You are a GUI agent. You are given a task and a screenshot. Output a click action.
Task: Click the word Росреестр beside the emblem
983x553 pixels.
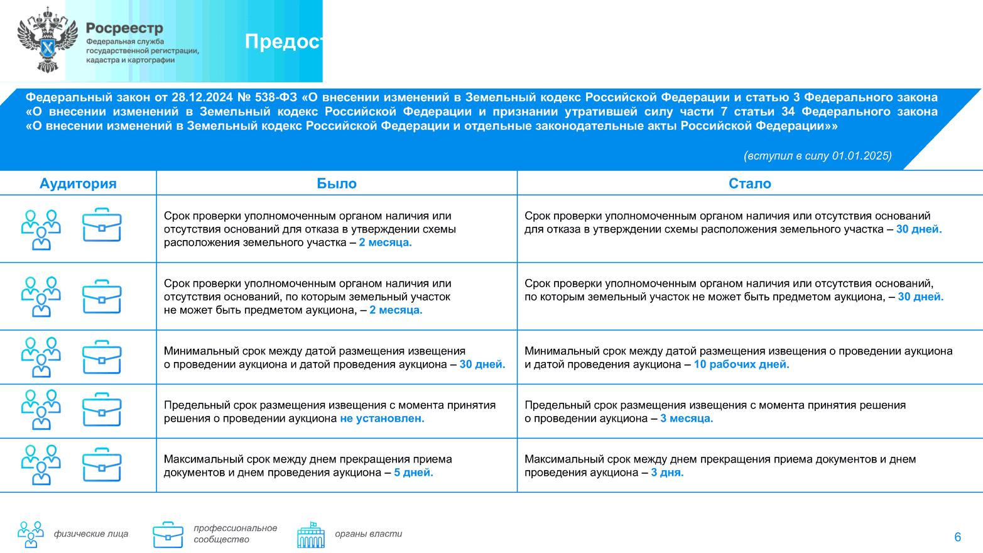click(124, 28)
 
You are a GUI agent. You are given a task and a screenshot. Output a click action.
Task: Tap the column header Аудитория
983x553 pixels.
click(78, 183)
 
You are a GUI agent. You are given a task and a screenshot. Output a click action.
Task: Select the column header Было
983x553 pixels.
click(337, 183)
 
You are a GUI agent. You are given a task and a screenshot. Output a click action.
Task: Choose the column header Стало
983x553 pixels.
click(749, 183)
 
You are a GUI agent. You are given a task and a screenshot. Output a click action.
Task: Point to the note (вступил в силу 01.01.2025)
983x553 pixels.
click(817, 156)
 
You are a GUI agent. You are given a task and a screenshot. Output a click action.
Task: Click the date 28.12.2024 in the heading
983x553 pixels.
click(202, 97)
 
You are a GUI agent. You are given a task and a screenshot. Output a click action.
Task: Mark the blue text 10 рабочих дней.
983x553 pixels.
click(741, 364)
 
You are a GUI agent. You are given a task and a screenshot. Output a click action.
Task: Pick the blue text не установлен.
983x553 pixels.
click(382, 419)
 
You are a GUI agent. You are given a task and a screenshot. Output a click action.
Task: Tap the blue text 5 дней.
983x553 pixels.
click(413, 473)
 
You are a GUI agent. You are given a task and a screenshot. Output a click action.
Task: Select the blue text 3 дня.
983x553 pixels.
click(667, 473)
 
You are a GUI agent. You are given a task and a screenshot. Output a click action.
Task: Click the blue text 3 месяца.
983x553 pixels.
click(687, 419)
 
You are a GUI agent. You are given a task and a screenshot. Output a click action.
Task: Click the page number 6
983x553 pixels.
click(957, 537)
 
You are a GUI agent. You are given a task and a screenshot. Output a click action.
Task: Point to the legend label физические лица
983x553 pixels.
click(91, 534)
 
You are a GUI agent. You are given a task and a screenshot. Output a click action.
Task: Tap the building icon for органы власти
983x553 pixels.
click(311, 535)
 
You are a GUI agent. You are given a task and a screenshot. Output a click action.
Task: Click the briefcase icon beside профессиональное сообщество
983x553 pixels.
click(168, 535)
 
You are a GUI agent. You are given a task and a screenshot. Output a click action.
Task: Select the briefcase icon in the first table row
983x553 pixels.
click(102, 225)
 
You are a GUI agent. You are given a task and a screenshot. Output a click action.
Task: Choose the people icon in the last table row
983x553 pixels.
click(41, 465)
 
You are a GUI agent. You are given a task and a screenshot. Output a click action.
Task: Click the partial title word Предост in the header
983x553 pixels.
click(283, 41)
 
